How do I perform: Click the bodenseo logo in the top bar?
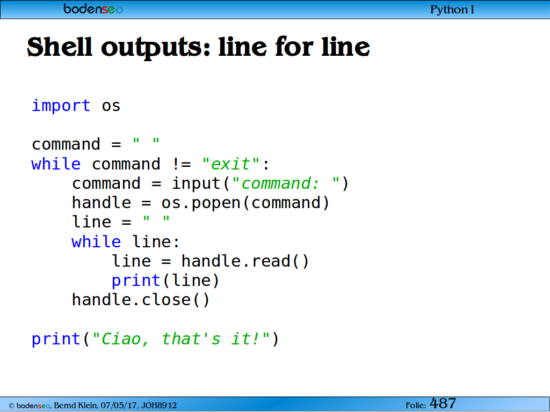(93, 9)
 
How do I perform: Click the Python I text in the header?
(452, 10)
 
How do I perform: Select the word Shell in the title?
(59, 47)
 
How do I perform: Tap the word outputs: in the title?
(156, 47)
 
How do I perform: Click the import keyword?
(61, 106)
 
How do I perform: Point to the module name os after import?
(111, 106)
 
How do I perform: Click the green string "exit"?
(230, 164)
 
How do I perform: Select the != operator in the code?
(182, 164)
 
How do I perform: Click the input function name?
(196, 183)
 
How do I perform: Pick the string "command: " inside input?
(286, 183)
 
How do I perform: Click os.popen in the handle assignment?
(201, 203)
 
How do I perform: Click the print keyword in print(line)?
(136, 281)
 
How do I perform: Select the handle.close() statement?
(140, 300)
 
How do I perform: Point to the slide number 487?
(443, 403)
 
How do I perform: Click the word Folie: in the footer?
(416, 406)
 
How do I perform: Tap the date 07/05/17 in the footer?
(119, 406)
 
